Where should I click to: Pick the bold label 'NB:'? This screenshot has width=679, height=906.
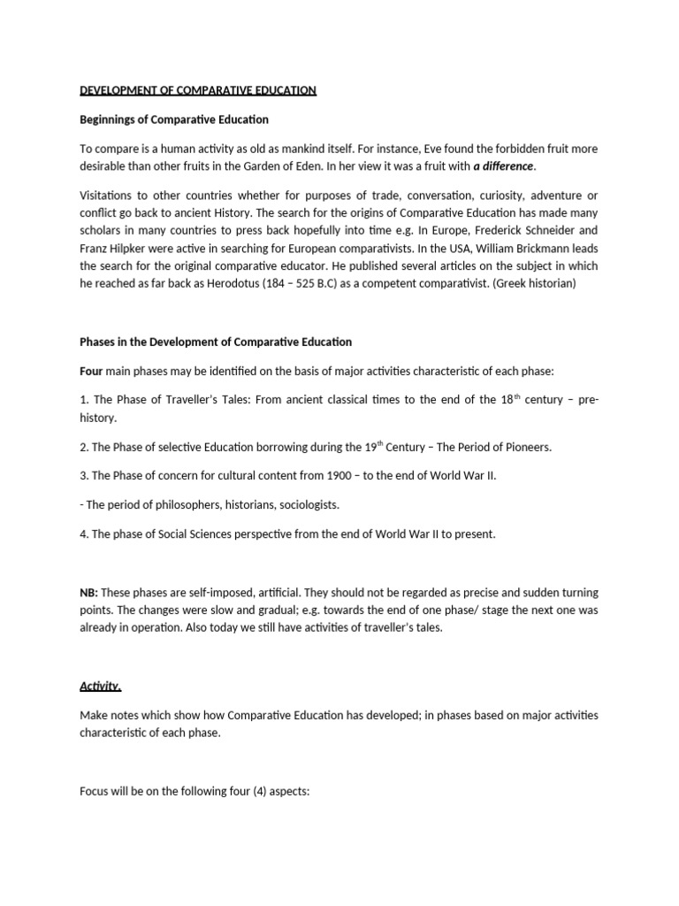(x=90, y=592)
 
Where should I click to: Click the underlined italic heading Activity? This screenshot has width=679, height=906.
(x=101, y=686)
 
